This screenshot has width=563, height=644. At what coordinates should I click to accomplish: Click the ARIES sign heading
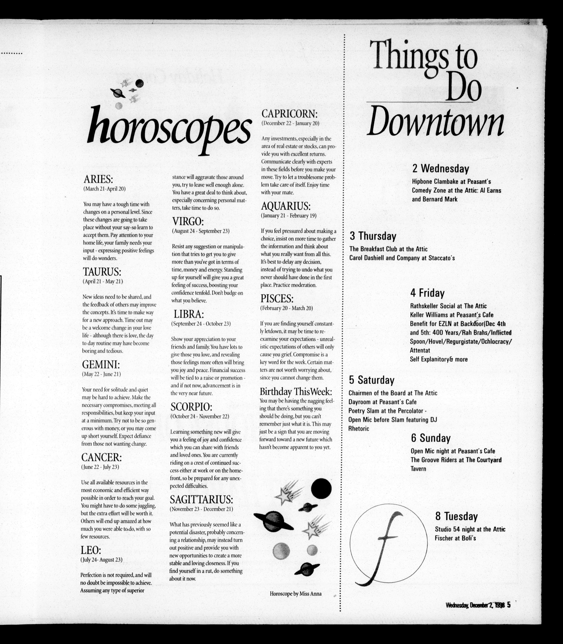coord(98,179)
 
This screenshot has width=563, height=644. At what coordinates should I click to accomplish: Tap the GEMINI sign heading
coord(101,365)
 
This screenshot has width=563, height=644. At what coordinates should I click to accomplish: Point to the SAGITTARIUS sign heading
coord(201,499)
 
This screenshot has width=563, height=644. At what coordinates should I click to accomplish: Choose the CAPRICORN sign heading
coord(290,114)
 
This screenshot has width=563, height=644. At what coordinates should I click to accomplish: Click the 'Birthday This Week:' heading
coord(296,392)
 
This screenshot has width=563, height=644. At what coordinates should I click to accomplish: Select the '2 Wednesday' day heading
coord(441,169)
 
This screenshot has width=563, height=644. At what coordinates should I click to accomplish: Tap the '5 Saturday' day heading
coord(371,380)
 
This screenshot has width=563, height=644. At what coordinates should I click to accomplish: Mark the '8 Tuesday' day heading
coord(456,516)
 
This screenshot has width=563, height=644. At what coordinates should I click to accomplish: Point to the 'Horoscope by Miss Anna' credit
coord(295,594)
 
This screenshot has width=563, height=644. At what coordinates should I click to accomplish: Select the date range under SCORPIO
coord(200,416)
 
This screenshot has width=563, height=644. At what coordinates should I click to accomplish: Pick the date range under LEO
coord(101,560)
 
